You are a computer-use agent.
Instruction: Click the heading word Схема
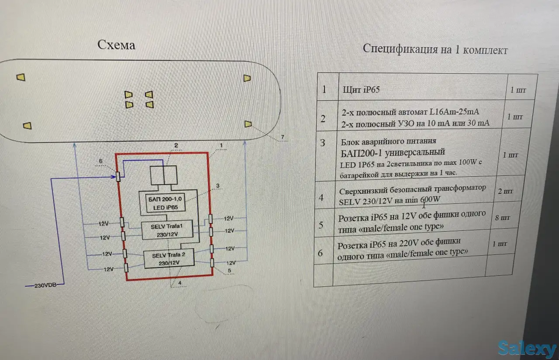(x=116, y=45)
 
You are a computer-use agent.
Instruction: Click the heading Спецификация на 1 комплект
(x=435, y=49)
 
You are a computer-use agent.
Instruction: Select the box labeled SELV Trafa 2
(x=169, y=259)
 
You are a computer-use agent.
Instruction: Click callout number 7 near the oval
(x=283, y=137)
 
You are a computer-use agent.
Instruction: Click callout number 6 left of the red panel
(x=100, y=161)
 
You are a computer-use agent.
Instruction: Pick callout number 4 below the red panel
(x=179, y=282)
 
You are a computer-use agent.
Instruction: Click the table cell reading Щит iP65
(x=361, y=90)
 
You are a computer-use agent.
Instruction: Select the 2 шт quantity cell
(x=506, y=191)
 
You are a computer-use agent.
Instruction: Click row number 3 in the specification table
(x=322, y=143)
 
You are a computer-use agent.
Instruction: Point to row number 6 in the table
(x=321, y=252)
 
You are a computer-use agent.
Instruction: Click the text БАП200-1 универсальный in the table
(x=393, y=152)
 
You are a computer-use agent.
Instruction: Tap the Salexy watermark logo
(x=527, y=349)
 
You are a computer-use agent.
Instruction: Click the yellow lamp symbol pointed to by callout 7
(x=248, y=124)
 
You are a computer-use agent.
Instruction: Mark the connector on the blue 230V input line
(x=118, y=176)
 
